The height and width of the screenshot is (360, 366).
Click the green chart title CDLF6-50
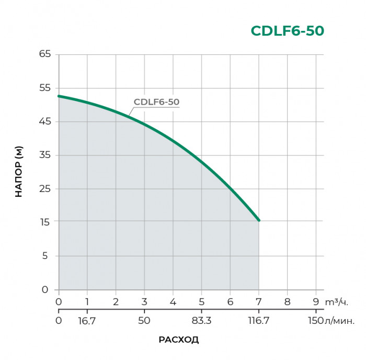click(287, 31)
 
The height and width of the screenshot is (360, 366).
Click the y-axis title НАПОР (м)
click(19, 172)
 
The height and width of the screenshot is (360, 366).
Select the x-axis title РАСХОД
click(179, 340)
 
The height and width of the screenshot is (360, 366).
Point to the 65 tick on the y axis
click(44, 54)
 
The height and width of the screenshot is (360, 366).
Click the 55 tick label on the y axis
click(44, 88)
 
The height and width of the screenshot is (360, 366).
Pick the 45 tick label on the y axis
click(44, 121)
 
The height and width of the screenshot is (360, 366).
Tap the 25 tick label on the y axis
click(44, 188)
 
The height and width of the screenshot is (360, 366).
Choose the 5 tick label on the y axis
click(47, 255)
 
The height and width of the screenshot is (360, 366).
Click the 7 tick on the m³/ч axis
click(258, 301)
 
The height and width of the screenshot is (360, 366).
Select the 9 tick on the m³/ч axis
click(315, 301)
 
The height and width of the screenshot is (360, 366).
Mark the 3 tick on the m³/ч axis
click(144, 301)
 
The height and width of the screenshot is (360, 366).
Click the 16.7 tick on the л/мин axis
click(87, 320)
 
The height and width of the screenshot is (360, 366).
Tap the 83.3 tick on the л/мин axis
click(201, 320)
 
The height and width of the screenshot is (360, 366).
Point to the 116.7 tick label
click(258, 320)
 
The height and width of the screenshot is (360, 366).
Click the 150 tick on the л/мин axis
click(315, 320)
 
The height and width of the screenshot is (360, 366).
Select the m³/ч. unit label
click(336, 302)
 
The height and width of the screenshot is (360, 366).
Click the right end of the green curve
click(258, 220)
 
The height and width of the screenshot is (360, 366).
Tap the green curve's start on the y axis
click(59, 96)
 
